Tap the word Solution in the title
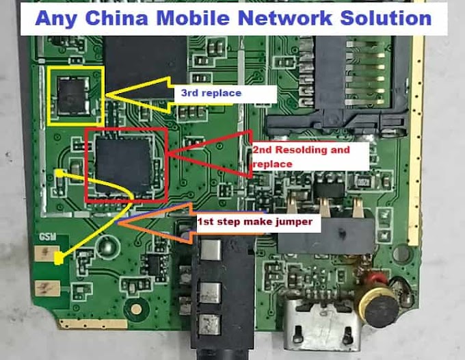coord(390,18)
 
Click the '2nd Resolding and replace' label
coord(301,157)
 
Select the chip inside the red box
coord(124,164)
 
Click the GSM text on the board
coord(46,237)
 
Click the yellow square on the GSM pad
coord(59,259)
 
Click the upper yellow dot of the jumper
coord(60,174)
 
